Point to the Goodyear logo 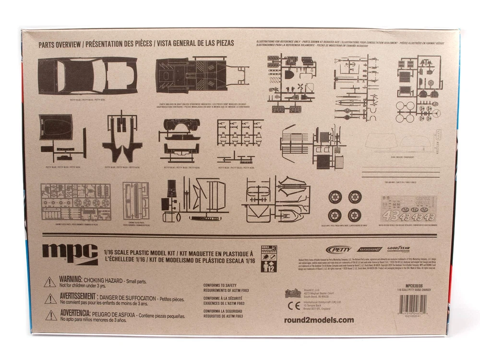point(398,249)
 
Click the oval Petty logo point(338,249)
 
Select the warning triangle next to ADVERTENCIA point(50,315)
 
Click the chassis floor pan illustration point(202,77)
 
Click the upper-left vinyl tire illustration point(335,197)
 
